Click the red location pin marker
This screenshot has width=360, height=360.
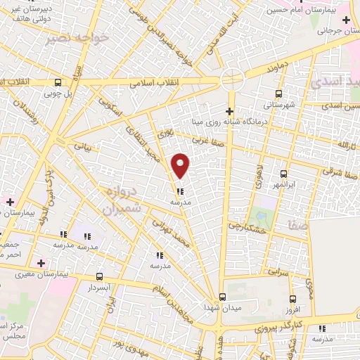[x=181, y=165]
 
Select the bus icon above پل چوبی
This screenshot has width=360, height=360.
[x=53, y=79]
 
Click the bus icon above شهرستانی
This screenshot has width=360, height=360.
[x=280, y=93]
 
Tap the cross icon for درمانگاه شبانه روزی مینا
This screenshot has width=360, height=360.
[x=229, y=110]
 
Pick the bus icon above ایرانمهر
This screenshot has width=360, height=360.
[x=283, y=174]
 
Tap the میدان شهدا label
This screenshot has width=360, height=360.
[x=222, y=308]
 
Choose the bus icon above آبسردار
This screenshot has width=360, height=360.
[x=99, y=276]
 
